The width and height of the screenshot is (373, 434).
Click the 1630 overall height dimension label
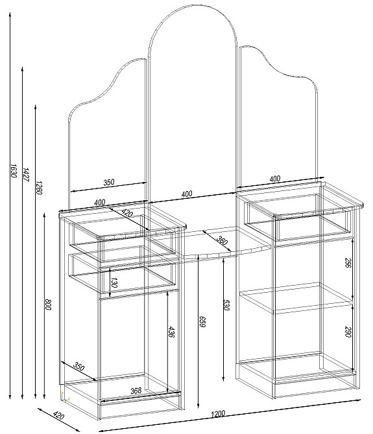click(14, 170)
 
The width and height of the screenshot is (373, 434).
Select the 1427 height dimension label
click(26, 174)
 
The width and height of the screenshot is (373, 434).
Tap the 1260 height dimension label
click(38, 187)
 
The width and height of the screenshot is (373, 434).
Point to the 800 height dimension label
click(48, 304)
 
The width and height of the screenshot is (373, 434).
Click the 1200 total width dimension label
click(218, 414)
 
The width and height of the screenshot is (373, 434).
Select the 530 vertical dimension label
click(226, 304)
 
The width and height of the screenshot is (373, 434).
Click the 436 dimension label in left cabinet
click(171, 332)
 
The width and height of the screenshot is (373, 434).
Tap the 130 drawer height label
click(114, 282)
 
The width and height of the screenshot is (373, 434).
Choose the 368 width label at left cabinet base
click(136, 391)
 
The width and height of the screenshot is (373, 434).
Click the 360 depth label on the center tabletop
click(221, 240)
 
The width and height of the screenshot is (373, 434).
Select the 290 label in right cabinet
click(348, 332)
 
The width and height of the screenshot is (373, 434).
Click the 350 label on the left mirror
click(109, 182)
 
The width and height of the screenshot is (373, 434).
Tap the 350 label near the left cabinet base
click(78, 366)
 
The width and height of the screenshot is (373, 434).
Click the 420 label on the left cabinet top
click(127, 212)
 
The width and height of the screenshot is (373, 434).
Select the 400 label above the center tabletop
click(187, 194)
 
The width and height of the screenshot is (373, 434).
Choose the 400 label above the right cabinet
click(274, 179)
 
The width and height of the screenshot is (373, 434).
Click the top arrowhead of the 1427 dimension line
click(22, 67)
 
